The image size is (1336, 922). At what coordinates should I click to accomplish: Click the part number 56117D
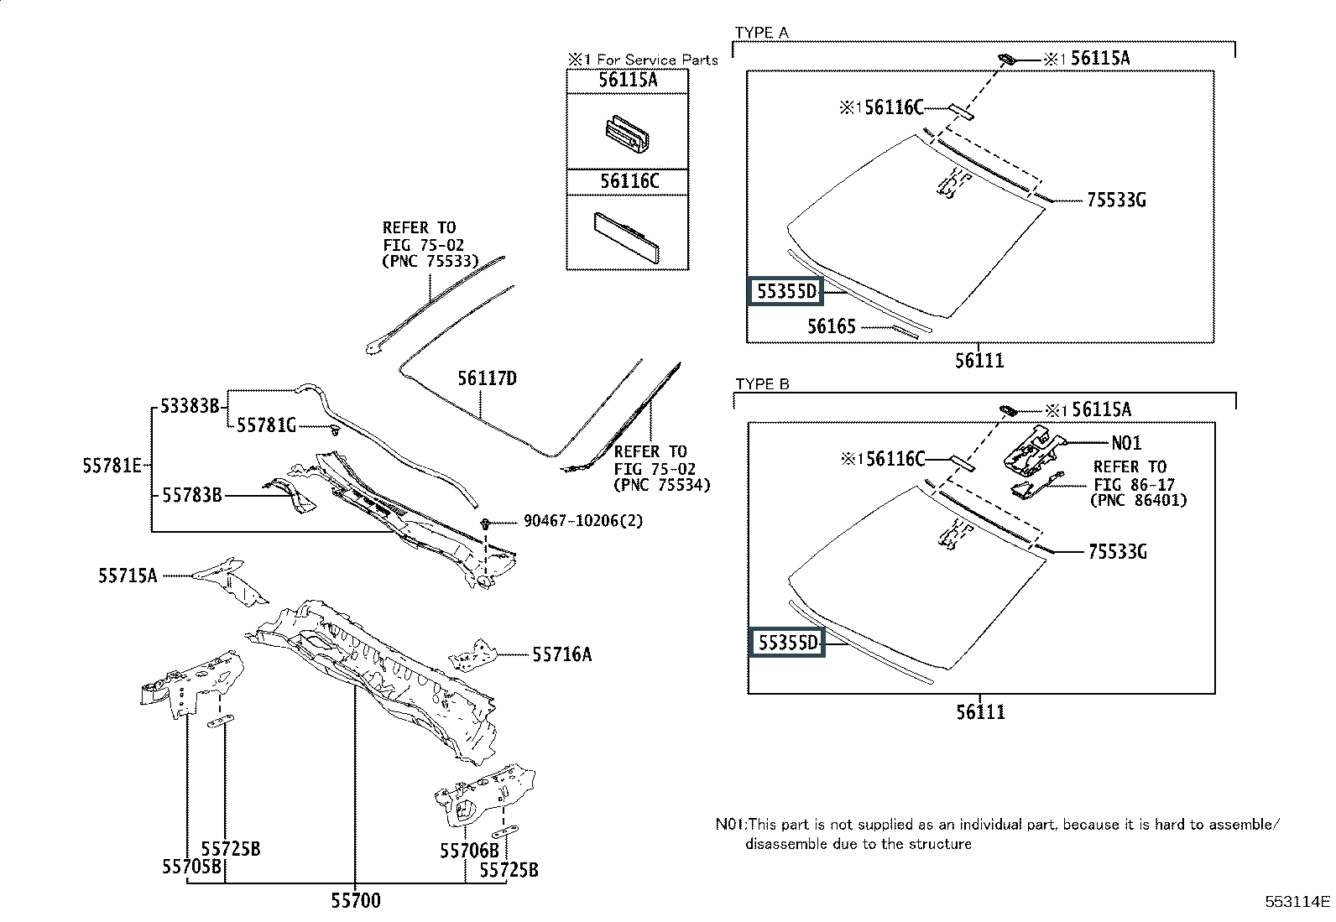point(487,378)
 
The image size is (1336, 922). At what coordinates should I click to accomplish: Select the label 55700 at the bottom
point(356,900)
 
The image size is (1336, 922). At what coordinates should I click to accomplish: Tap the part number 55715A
point(128,576)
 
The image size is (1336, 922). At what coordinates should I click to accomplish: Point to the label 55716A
point(561,654)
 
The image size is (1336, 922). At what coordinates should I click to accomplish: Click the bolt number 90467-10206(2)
point(583,521)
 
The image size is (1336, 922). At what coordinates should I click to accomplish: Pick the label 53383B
point(190,406)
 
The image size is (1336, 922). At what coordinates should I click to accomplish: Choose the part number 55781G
point(266,425)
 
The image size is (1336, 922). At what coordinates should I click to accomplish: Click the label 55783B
point(192,495)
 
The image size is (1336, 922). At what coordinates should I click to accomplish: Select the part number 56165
point(832,326)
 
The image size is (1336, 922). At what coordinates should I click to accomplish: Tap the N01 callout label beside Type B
point(1126,443)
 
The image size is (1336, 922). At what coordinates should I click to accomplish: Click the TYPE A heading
point(762,33)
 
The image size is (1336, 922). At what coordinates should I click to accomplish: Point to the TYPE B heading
point(762,384)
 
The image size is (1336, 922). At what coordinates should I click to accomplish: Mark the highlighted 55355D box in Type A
point(785,291)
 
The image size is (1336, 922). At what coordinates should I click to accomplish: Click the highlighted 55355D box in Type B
point(786,643)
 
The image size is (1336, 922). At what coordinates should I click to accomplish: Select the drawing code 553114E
point(1298,902)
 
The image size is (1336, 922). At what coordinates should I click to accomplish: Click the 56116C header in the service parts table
point(629,181)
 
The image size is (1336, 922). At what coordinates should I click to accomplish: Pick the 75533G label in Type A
point(1116,200)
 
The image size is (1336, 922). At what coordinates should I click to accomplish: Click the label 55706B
point(469,851)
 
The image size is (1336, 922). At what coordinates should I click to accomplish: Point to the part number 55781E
point(112,466)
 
